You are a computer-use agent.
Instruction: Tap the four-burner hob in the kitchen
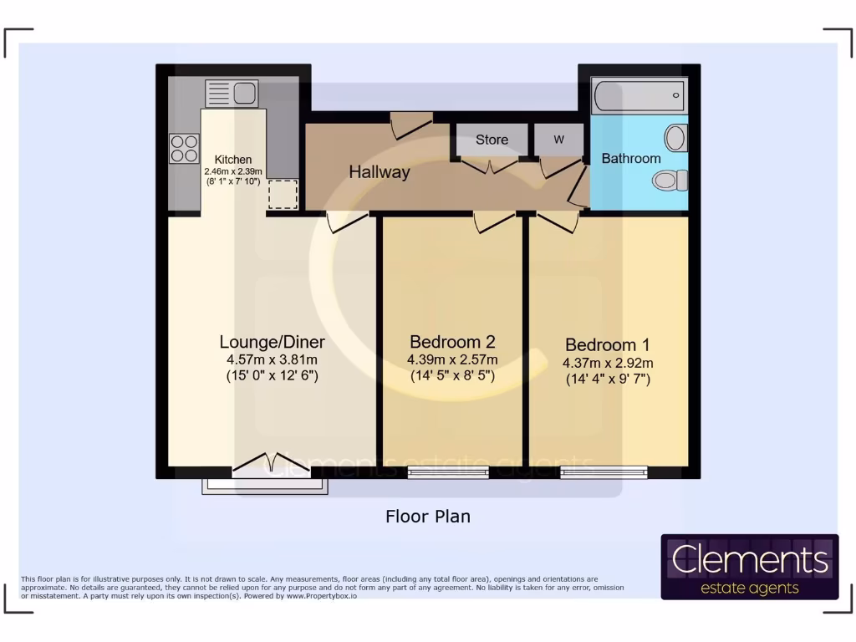[x=184, y=149]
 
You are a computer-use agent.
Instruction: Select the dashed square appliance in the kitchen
[x=283, y=194]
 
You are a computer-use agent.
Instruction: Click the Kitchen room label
[x=232, y=160]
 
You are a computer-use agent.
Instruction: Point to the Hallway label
[x=380, y=172]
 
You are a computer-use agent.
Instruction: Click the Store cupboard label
[x=492, y=140]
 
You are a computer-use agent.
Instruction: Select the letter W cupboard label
[x=558, y=140]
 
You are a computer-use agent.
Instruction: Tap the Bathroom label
[x=631, y=158]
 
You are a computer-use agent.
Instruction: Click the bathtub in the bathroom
[x=639, y=96]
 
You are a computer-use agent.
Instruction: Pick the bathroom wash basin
[x=676, y=137]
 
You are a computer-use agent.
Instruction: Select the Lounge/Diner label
[x=272, y=342]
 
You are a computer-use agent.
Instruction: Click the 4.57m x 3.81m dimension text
[x=272, y=360]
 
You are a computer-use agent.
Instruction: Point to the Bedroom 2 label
[x=452, y=342]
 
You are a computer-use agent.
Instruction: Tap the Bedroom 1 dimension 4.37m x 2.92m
[x=608, y=363]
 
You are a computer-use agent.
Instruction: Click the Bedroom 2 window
[x=448, y=473]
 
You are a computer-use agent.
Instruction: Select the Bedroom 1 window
[x=604, y=473]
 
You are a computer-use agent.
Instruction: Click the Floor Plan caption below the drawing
[x=428, y=517]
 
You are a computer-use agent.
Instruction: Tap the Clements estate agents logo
[x=750, y=567]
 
